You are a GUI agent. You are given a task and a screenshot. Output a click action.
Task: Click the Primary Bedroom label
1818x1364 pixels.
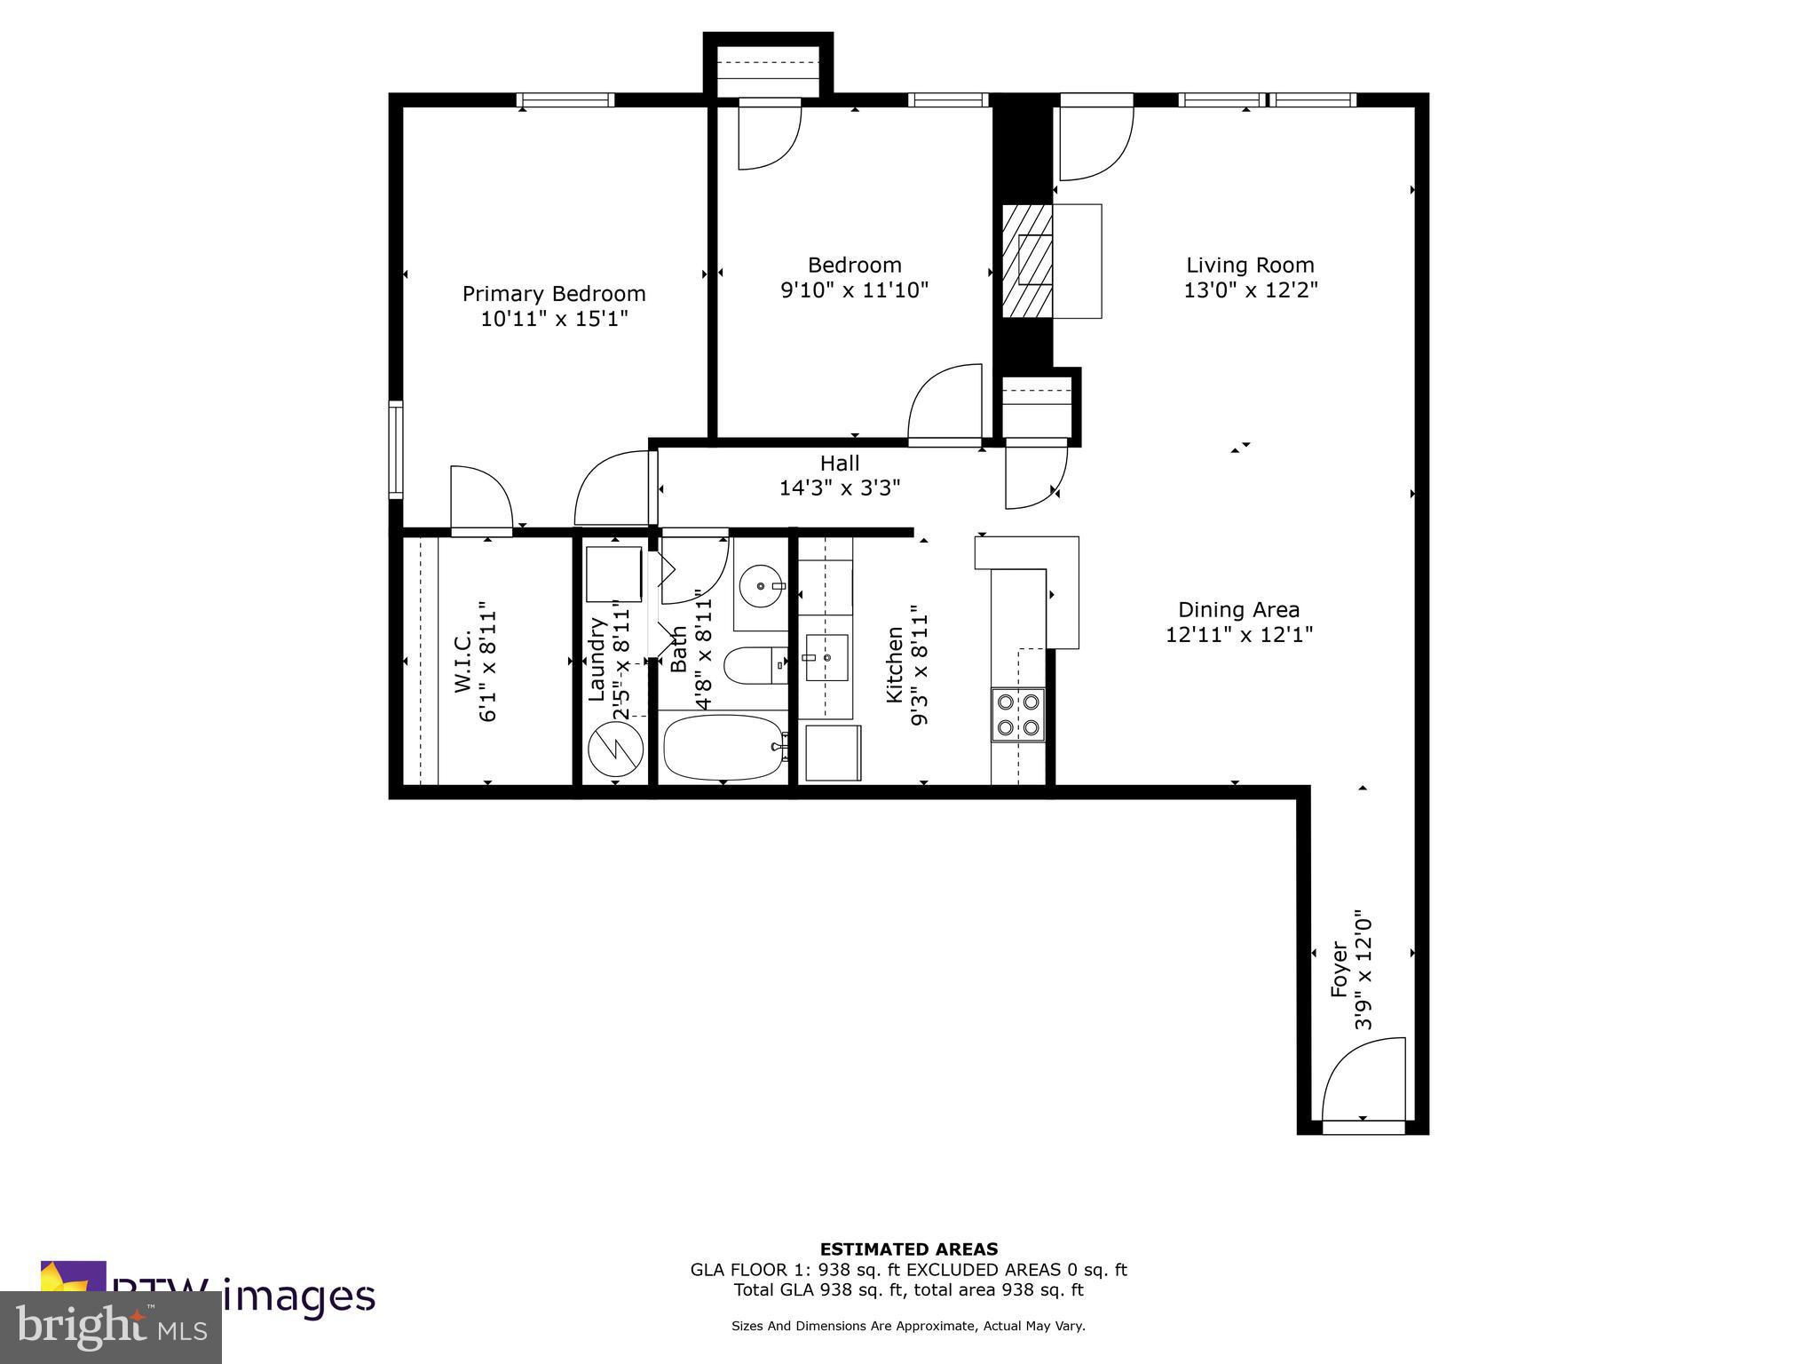tap(554, 294)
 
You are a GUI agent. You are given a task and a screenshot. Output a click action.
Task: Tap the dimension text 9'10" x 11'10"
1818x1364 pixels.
tap(854, 290)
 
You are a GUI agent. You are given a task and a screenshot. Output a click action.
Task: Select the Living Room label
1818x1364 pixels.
tap(1250, 265)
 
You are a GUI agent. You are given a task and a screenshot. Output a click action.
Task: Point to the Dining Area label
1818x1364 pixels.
tap(1238, 610)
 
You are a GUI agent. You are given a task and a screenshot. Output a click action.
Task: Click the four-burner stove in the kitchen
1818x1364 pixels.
tap(1018, 715)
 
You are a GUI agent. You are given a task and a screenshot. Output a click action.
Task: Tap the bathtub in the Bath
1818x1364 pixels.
tap(724, 748)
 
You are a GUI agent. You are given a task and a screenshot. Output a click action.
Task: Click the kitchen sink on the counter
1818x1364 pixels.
tap(826, 658)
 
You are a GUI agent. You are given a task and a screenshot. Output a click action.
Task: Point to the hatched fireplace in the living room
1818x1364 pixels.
tap(1028, 261)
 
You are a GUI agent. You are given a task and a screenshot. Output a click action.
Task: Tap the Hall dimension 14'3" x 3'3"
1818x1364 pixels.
tap(839, 488)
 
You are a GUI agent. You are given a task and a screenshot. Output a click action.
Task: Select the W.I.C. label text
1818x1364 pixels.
tap(462, 662)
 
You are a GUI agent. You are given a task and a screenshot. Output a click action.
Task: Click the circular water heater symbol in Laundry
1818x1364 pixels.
tap(615, 749)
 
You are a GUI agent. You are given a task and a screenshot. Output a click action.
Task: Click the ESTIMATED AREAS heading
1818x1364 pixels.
tap(908, 1249)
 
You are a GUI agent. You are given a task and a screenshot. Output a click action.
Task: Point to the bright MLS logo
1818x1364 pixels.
tap(111, 1327)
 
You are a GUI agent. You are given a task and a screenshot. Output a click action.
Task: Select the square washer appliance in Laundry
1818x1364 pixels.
tap(613, 575)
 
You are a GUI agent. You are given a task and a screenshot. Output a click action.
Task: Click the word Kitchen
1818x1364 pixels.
tap(895, 666)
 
